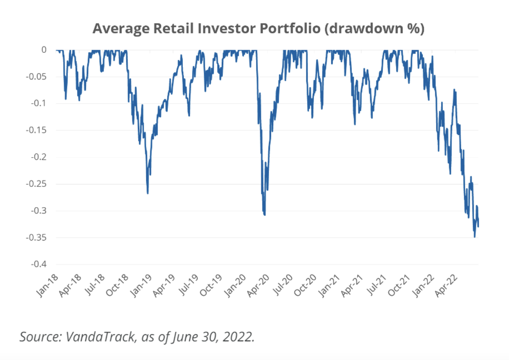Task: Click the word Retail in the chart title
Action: click(x=173, y=28)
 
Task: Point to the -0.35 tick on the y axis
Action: click(x=36, y=238)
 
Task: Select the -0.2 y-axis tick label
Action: click(x=38, y=157)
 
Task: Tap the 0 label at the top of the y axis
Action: click(x=44, y=50)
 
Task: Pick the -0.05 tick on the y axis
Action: click(x=36, y=76)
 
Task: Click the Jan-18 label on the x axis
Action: click(x=47, y=285)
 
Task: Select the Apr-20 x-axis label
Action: click(x=258, y=285)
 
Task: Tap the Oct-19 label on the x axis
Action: click(x=211, y=285)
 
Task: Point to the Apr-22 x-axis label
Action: click(x=446, y=285)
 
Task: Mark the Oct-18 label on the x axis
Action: click(x=117, y=285)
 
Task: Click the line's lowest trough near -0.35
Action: click(x=474, y=237)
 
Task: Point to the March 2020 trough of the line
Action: click(x=264, y=215)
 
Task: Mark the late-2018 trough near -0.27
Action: click(x=148, y=193)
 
